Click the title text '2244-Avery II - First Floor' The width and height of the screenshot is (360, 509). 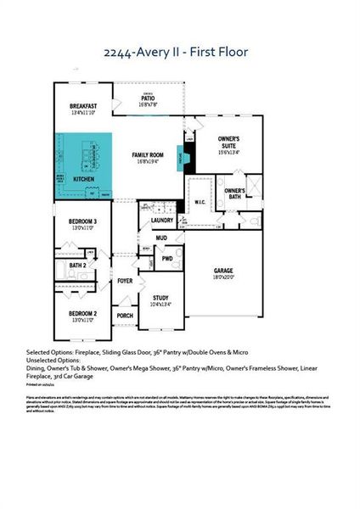click(179, 53)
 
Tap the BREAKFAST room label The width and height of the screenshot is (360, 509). click(86, 106)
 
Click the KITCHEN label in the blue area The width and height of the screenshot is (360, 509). click(83, 180)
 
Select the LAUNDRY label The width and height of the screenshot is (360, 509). click(162, 221)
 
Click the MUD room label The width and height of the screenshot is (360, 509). click(160, 239)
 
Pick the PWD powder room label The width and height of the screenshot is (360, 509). click(167, 259)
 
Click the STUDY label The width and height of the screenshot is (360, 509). click(160, 298)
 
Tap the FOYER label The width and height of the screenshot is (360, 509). click(125, 280)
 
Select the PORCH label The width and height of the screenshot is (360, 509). click(125, 315)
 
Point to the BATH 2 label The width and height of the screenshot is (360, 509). click(79, 266)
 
